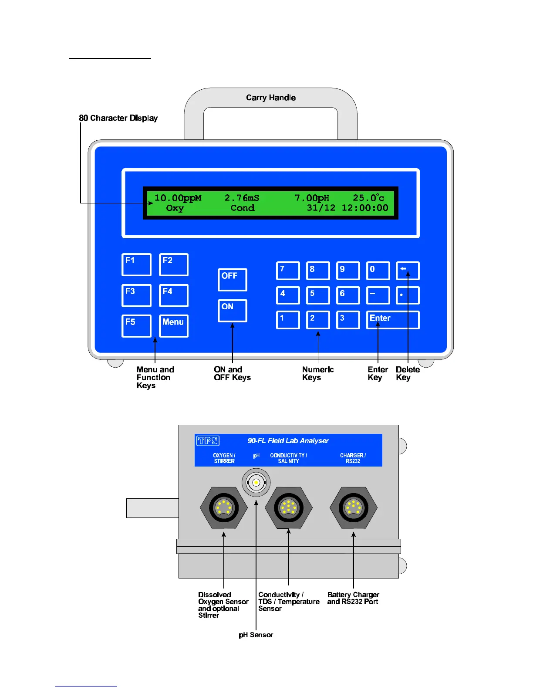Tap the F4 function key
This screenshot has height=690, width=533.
click(x=173, y=295)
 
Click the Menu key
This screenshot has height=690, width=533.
click(x=173, y=326)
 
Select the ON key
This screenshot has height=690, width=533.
click(x=232, y=311)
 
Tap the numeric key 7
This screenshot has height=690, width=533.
click(x=288, y=271)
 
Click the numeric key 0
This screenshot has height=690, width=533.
click(x=378, y=271)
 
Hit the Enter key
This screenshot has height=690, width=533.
click(x=392, y=320)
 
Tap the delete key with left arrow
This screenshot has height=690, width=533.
click(x=408, y=271)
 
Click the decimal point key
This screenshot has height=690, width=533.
click(x=408, y=295)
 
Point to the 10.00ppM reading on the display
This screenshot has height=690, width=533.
click(x=178, y=198)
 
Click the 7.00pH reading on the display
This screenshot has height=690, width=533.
click(x=312, y=198)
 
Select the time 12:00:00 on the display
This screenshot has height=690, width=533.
click(x=364, y=208)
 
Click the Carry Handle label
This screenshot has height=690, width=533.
click(x=271, y=98)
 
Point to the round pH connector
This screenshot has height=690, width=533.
click(x=256, y=482)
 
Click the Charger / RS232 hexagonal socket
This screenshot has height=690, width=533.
click(x=353, y=507)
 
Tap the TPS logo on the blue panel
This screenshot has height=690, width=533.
click(x=208, y=441)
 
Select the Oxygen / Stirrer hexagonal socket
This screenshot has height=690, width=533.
click(x=223, y=507)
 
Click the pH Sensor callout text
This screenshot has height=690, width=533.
click(x=256, y=635)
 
